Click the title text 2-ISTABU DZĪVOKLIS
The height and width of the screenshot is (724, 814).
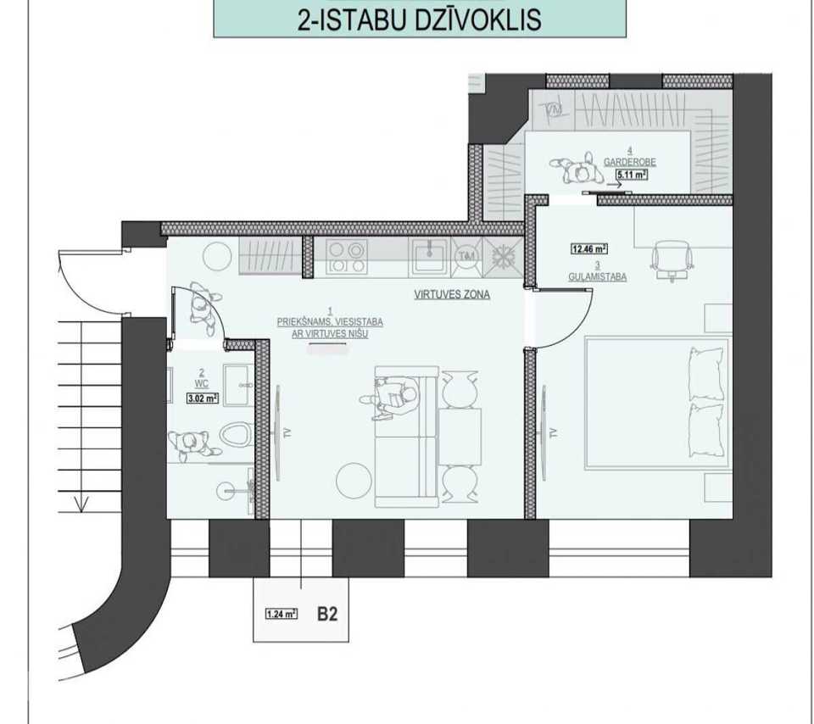(420, 19)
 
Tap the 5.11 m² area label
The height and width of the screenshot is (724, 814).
(631, 175)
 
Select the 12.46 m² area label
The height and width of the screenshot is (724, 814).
(589, 249)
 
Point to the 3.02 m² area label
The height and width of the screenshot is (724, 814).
(202, 398)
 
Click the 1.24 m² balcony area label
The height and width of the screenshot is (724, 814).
(281, 615)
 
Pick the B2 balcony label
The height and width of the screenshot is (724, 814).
(327, 615)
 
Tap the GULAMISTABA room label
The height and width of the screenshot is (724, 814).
(597, 277)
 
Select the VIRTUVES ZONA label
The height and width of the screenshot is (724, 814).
(452, 294)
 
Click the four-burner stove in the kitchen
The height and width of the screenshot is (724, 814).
(346, 258)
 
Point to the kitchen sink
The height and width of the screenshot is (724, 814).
(429, 256)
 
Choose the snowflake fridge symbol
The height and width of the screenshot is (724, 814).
(502, 256)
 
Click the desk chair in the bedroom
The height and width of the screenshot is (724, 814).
(672, 259)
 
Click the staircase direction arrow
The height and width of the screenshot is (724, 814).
(81, 504)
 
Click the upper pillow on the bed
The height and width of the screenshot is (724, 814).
(706, 374)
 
